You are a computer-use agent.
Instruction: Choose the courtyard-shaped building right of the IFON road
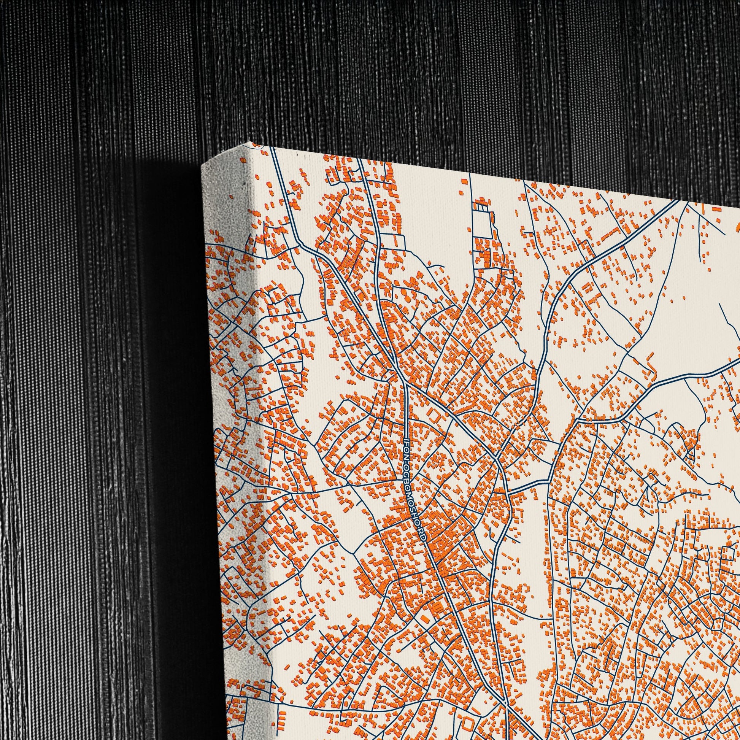point(434,415)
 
